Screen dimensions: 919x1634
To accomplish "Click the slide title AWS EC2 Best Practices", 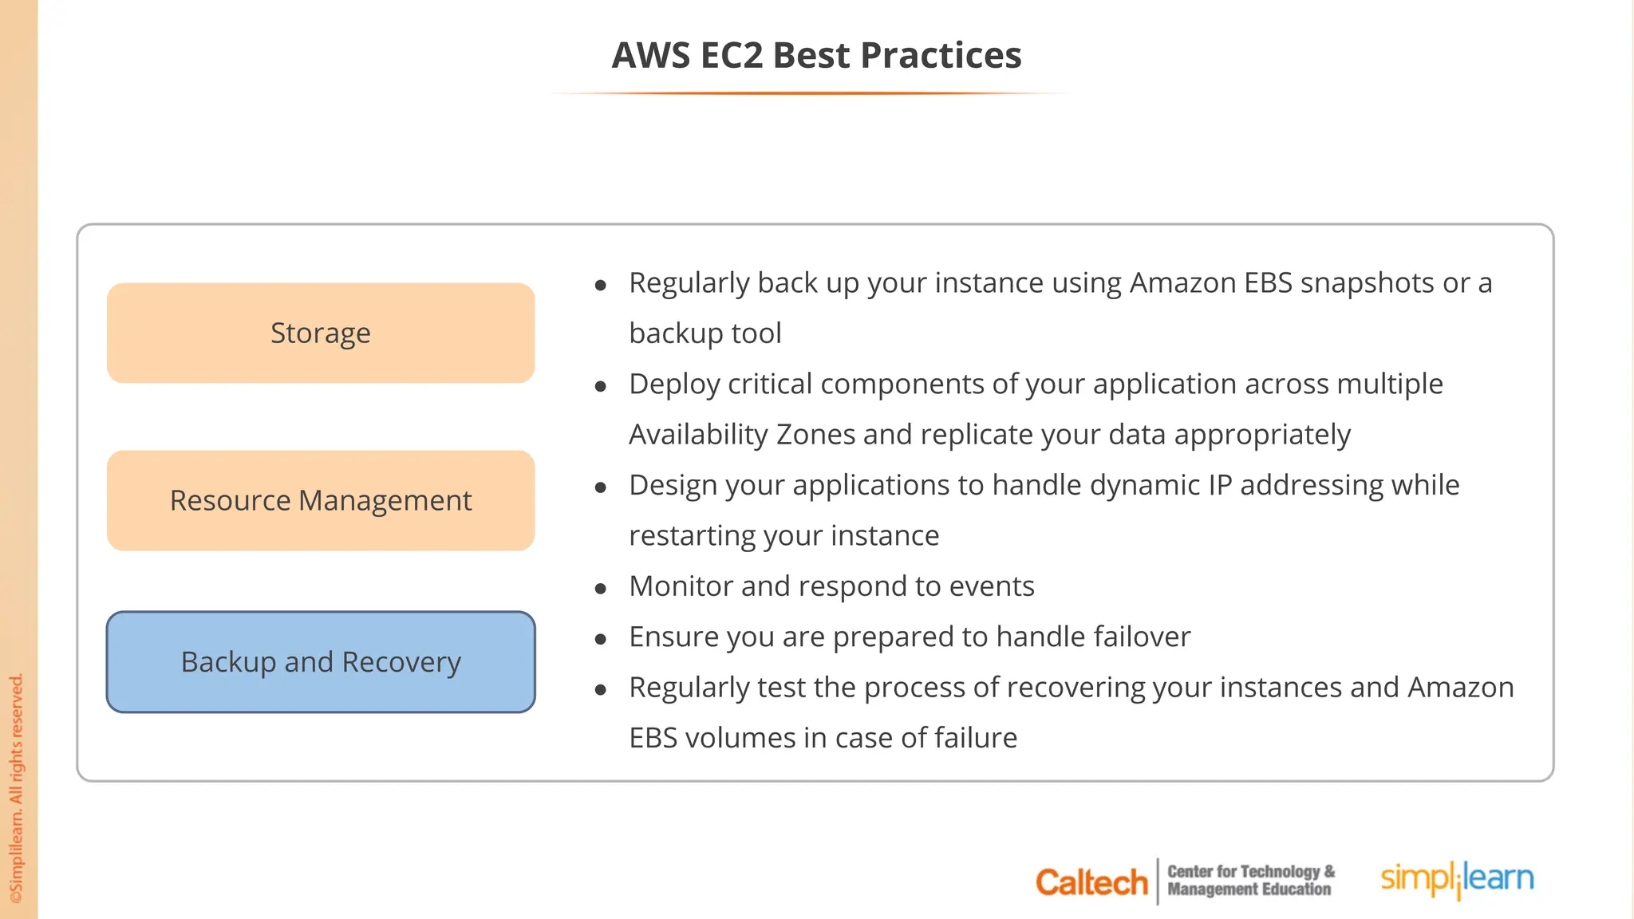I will tap(816, 56).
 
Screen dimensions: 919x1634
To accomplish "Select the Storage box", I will tap(321, 333).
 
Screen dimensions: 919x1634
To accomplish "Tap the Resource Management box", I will tap(321, 500).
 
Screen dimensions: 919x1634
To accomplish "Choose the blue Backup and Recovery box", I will tap(321, 662).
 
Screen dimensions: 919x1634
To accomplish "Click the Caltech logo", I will tap(1091, 882).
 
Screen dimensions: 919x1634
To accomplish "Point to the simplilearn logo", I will tap(1457, 879).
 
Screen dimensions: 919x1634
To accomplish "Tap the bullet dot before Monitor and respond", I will tap(601, 589).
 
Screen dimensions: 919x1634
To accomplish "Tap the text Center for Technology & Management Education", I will tap(1250, 881).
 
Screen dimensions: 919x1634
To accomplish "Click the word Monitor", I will tap(681, 586).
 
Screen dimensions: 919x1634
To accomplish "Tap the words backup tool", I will tap(705, 333).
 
